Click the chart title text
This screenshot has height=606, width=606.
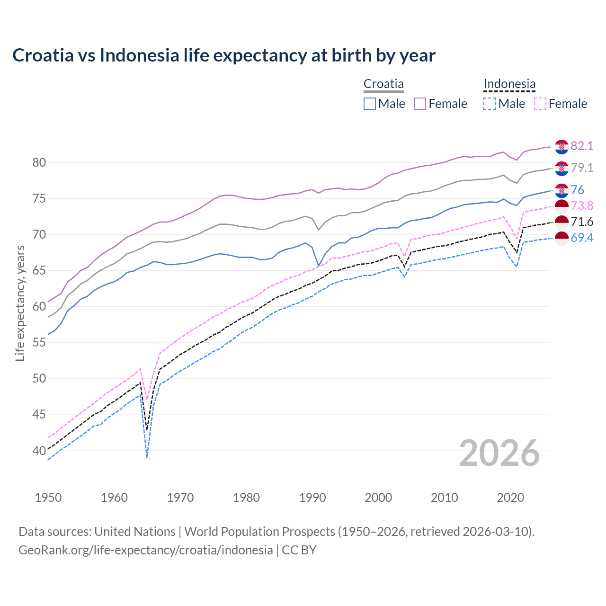click(223, 55)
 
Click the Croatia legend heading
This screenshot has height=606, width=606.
click(383, 84)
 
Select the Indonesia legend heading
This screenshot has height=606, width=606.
click(509, 84)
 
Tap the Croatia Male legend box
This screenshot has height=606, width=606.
click(370, 104)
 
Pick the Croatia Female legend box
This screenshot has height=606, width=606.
click(420, 104)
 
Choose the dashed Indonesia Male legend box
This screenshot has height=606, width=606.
click(490, 104)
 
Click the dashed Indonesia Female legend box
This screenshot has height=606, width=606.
click(540, 104)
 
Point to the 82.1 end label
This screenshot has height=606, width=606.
click(582, 146)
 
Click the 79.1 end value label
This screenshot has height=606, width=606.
click(582, 168)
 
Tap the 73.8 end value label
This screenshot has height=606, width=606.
click(582, 205)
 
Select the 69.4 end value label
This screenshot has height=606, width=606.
click(582, 238)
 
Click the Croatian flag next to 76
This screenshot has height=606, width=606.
click(561, 190)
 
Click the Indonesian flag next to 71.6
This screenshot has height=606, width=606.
click(561, 222)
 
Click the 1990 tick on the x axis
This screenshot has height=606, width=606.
click(312, 498)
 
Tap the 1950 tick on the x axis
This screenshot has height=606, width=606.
click(48, 498)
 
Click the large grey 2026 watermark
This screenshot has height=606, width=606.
click(499, 453)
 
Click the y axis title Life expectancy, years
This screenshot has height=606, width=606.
click(20, 303)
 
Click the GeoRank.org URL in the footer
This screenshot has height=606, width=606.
click(145, 550)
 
